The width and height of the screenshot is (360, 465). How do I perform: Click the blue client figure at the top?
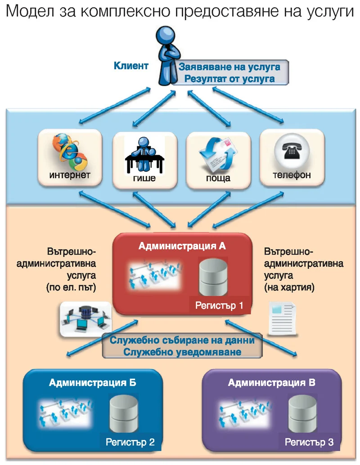[168, 56]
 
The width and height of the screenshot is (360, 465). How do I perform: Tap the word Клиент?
[131, 66]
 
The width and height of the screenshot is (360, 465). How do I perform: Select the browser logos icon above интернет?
[70, 152]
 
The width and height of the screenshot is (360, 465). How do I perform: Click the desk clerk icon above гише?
[144, 155]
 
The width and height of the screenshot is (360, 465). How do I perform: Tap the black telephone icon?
[292, 150]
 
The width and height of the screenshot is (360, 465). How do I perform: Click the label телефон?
[292, 175]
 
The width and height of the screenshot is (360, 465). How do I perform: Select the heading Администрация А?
[182, 246]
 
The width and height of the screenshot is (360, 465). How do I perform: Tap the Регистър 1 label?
[219, 305]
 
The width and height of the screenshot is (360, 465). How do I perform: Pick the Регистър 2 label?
[130, 442]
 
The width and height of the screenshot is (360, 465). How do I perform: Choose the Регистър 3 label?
[309, 442]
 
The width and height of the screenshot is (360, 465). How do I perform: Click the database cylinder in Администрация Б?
[124, 414]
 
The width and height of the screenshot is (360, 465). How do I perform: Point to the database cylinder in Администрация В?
[303, 414]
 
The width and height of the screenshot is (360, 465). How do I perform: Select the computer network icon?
[85, 319]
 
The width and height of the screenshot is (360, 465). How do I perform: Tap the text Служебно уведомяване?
[182, 352]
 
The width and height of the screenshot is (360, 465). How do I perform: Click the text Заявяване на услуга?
[229, 67]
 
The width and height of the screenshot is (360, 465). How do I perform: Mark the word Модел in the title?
[30, 11]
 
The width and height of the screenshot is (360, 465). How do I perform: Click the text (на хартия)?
[289, 287]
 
